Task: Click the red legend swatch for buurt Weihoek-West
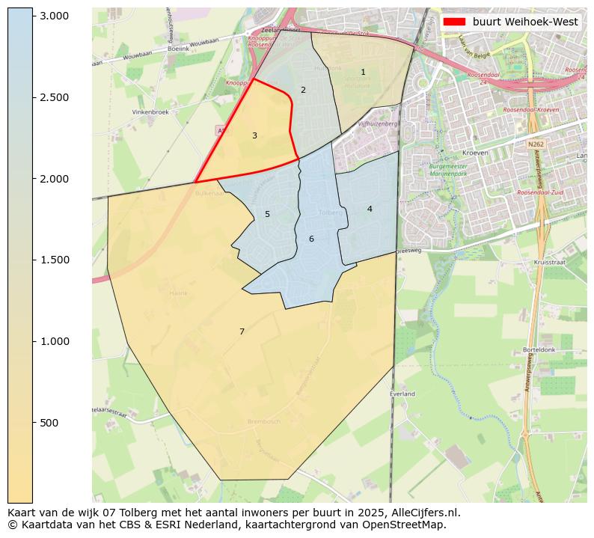(454, 22)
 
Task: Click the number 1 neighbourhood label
(363, 73)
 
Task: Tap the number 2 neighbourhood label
(303, 91)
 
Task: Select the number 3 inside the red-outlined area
(254, 136)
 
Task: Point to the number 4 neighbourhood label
(370, 209)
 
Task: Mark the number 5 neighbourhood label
(267, 215)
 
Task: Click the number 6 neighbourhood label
(311, 239)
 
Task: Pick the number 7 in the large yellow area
(242, 332)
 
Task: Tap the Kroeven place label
(475, 153)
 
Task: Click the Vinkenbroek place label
(150, 112)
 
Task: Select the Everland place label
(402, 394)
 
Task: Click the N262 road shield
(535, 144)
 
